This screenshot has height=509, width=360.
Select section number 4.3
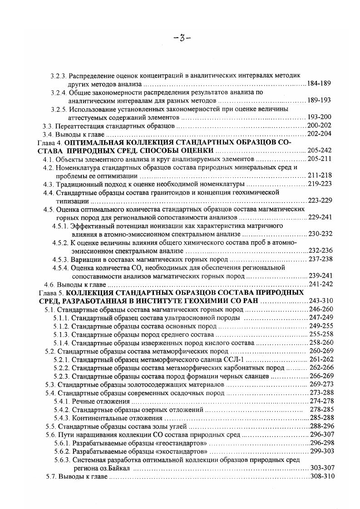coord(49,184)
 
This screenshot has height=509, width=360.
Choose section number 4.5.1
coord(61,225)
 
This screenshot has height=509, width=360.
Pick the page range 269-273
coord(321,384)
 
